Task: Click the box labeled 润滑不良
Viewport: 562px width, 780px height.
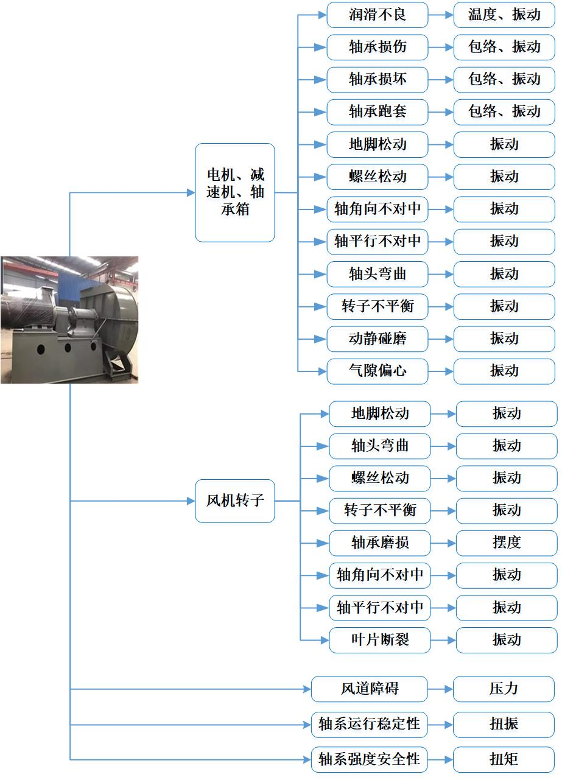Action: tap(378, 15)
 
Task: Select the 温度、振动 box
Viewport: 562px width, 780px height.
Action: tap(504, 15)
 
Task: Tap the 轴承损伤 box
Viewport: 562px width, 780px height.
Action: tap(378, 47)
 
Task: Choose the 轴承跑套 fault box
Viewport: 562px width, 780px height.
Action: tap(378, 111)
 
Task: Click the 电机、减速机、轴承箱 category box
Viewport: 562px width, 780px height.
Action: tap(235, 192)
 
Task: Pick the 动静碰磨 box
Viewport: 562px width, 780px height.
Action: tap(378, 339)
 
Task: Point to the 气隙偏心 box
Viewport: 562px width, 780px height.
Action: tap(378, 371)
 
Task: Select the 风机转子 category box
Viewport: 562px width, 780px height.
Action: tap(235, 501)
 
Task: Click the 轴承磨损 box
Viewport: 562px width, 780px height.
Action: tap(380, 543)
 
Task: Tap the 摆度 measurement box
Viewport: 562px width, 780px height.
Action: tap(507, 543)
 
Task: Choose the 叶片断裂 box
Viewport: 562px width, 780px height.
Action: tap(380, 640)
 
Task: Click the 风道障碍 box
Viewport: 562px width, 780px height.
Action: tap(370, 689)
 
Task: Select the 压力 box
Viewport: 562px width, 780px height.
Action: tap(504, 689)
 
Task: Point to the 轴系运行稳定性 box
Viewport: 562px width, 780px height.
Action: tap(370, 725)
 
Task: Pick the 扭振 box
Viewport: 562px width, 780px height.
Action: tap(504, 725)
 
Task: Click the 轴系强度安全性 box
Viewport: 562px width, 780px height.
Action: tap(370, 759)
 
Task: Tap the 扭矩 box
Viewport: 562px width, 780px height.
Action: tap(504, 759)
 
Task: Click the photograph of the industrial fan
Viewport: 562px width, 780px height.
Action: tap(69, 320)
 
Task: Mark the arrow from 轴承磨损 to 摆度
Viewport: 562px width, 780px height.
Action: tap(443, 543)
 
